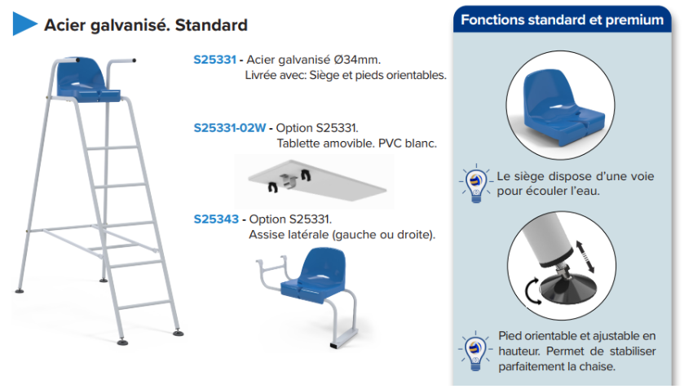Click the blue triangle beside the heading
pos(24,24)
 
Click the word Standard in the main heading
pos(211,25)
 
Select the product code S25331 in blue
pos(214,60)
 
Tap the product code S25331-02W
pos(230,128)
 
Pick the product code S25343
pos(216,219)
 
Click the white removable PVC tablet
pos(317,180)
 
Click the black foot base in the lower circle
pos(569,287)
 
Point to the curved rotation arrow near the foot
pos(532,292)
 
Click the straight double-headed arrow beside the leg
pos(585,256)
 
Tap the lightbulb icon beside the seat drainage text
pos(475,183)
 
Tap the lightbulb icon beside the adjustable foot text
pos(475,351)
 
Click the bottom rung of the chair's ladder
pos(144,304)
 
